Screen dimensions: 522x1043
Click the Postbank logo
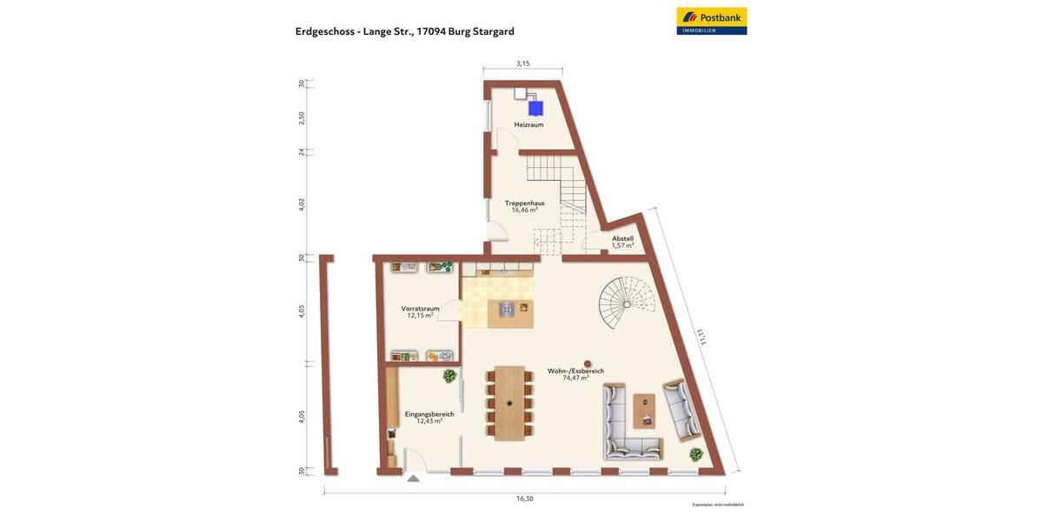(711, 21)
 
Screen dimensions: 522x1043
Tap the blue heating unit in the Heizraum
(536, 108)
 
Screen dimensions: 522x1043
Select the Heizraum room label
(528, 125)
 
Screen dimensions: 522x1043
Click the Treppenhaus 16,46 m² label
(524, 206)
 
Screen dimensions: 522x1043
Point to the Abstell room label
(622, 242)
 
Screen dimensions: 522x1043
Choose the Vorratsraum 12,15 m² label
(420, 311)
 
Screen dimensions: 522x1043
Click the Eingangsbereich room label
(429, 418)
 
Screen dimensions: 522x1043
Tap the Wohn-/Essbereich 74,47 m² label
(575, 374)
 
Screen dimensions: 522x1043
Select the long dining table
(509, 403)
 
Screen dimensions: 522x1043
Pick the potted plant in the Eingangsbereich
(449, 376)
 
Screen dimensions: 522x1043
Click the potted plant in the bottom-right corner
(696, 454)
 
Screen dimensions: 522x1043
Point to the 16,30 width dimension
(524, 499)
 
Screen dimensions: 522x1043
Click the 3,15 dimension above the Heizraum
(522, 64)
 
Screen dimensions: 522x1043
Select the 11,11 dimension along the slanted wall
(700, 336)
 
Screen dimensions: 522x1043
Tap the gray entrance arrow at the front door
(414, 478)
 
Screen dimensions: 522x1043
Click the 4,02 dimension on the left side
(302, 204)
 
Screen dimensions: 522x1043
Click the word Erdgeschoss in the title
(325, 31)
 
